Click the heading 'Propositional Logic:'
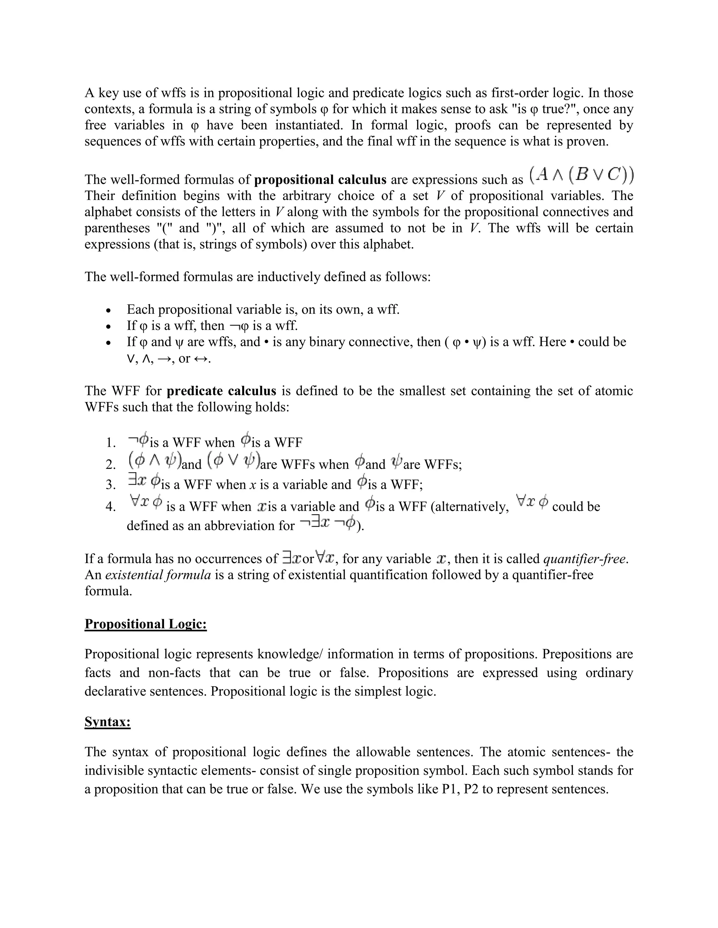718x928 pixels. pos(145,624)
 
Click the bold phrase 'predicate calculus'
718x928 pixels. pos(221,391)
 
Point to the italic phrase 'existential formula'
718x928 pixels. pos(158,575)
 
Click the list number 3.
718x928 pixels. pos(110,485)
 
